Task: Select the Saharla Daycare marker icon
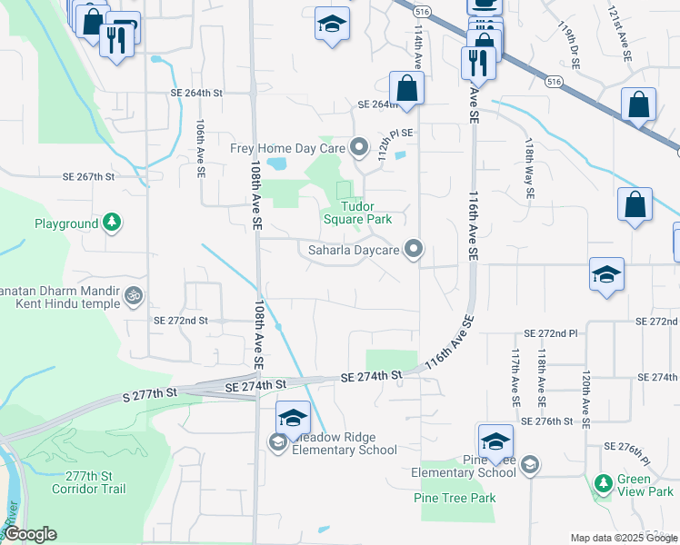tap(415, 248)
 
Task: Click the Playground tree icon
tap(112, 222)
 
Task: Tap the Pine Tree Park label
tap(455, 498)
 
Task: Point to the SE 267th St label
tap(88, 176)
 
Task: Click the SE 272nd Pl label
tap(551, 334)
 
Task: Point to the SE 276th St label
tap(549, 421)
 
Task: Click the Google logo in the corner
tap(29, 534)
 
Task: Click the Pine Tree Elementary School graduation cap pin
tap(495, 441)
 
